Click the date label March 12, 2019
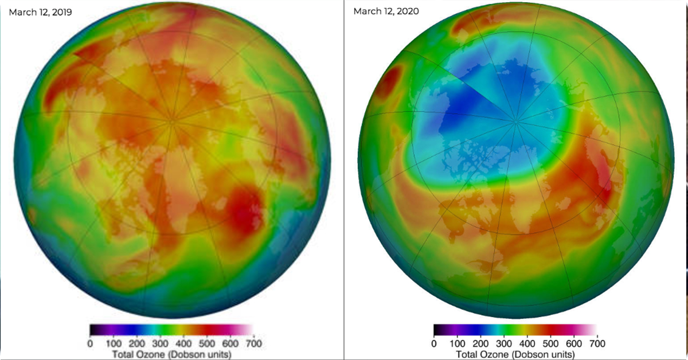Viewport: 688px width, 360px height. coord(40,12)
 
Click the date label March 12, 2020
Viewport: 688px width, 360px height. coord(386,11)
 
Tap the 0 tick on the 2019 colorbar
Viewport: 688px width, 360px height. coord(90,343)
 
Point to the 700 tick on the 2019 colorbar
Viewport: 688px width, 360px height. coord(253,343)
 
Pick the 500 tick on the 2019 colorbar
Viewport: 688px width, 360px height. coord(207,343)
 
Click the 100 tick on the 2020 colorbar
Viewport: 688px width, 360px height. coord(458,343)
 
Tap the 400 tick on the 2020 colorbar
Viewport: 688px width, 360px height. coord(527,343)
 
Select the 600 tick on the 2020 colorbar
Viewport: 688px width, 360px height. coord(574,343)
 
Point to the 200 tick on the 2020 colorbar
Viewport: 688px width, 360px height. coord(480,343)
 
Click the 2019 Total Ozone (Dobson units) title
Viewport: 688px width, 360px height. coord(171,354)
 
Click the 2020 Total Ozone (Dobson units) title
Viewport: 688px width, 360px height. coord(515,354)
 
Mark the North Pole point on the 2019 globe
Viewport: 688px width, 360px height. coord(171,122)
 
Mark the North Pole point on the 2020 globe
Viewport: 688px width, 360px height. coord(516,122)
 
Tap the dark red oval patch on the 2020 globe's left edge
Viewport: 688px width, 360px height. coord(388,83)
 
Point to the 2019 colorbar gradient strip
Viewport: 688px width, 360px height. coord(171,330)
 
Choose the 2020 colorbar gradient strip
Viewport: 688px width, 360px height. coord(515,330)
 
